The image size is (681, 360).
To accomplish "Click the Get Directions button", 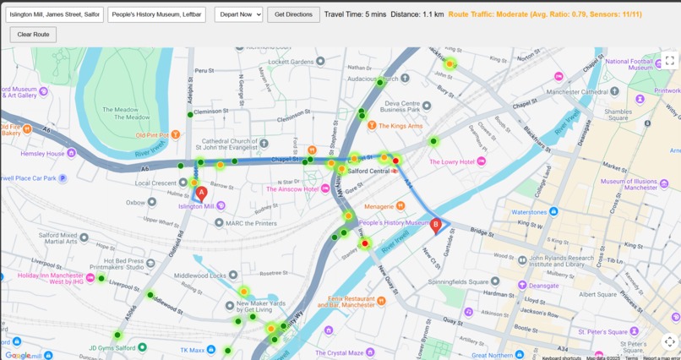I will click(293, 14).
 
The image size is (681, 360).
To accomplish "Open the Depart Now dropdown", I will click(238, 14).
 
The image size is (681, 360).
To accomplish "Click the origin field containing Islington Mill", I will click(55, 14).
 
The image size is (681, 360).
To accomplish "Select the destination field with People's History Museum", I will click(157, 14).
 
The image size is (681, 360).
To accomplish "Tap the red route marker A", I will click(201, 194).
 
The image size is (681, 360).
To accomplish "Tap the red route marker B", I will click(436, 226).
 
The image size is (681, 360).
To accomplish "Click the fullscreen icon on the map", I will click(669, 60).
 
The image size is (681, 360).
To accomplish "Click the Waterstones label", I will click(530, 212).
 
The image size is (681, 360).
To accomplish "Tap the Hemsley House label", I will click(43, 154).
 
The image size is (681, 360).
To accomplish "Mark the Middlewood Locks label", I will click(201, 275).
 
